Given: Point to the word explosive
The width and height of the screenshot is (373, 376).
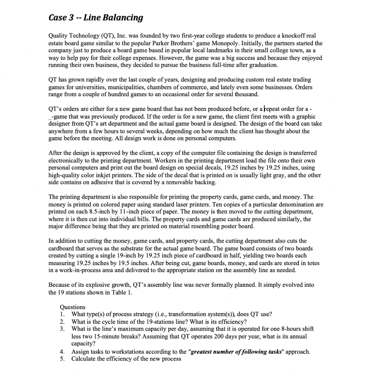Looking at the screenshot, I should click(x=92, y=285).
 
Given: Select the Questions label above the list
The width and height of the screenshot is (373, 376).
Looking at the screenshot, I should click(x=72, y=307).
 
